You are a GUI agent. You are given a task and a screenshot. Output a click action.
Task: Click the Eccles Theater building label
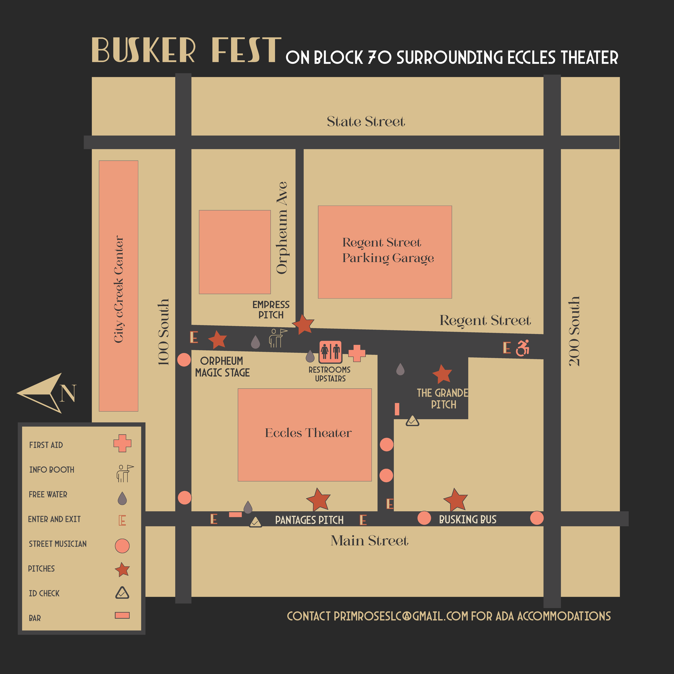click(308, 433)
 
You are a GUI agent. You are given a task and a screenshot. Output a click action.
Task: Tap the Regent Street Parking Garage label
click(388, 250)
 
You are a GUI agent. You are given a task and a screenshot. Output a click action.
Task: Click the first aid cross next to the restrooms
click(356, 353)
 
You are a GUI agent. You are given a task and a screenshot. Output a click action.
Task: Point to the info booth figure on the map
click(277, 338)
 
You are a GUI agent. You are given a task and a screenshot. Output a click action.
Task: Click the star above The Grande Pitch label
click(442, 374)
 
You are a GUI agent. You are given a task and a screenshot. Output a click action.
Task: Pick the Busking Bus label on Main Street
click(467, 520)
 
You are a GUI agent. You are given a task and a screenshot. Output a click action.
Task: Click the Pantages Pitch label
click(309, 520)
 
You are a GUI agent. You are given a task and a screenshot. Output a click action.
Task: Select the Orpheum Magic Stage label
click(222, 367)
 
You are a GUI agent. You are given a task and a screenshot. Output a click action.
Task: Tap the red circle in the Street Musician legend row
click(122, 546)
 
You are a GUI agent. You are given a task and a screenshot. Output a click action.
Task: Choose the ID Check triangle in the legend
click(122, 593)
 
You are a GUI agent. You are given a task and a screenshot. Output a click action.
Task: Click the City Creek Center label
click(119, 289)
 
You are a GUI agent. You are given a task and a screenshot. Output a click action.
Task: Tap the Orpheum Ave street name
click(282, 228)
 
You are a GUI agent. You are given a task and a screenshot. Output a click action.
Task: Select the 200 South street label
click(574, 331)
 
